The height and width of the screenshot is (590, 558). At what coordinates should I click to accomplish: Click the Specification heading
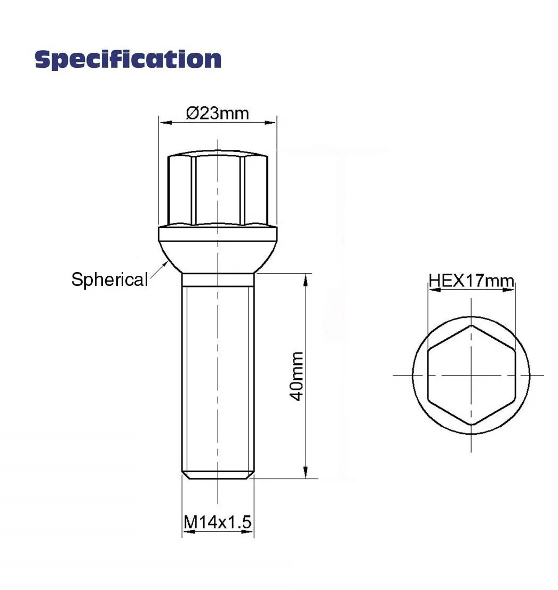point(128,59)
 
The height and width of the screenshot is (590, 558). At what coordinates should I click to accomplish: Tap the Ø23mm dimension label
point(218,113)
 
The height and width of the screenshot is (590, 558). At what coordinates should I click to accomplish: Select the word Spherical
point(109,280)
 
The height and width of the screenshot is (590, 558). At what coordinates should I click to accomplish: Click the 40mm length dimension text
point(297,376)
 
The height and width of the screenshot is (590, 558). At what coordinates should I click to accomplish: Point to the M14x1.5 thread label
point(218,522)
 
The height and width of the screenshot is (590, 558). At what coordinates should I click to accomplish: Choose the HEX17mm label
point(472,281)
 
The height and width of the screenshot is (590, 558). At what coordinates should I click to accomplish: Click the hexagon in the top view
point(472,375)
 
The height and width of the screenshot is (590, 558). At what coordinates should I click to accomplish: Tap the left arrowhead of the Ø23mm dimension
point(165,122)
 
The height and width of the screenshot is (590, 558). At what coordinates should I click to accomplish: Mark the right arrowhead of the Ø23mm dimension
point(270,122)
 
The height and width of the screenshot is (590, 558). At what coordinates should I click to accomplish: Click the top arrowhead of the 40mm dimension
point(306,280)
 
